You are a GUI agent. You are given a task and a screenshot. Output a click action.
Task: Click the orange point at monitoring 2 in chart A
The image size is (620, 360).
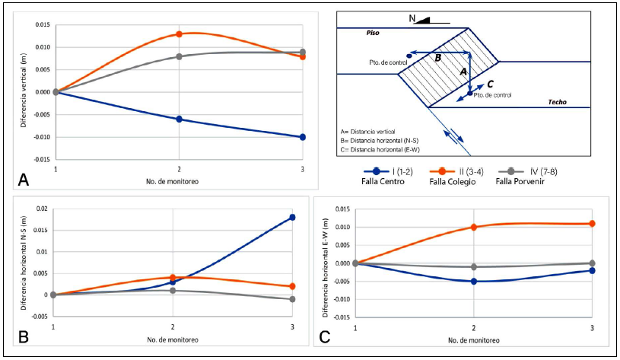pyautogui.click(x=179, y=34)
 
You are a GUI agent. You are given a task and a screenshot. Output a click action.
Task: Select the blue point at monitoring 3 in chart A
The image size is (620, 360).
pyautogui.click(x=303, y=137)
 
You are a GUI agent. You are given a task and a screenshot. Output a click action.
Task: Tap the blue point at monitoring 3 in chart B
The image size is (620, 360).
pyautogui.click(x=292, y=218)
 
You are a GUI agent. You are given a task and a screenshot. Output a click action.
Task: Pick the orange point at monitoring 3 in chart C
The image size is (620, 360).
pyautogui.click(x=592, y=224)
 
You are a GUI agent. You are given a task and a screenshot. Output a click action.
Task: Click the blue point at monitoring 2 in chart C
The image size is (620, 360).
pyautogui.click(x=474, y=281)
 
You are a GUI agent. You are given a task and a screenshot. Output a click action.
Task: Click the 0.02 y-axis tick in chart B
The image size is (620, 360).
pyautogui.click(x=40, y=209)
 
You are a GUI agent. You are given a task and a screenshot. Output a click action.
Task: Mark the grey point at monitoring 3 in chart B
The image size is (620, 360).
pyautogui.click(x=292, y=299)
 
